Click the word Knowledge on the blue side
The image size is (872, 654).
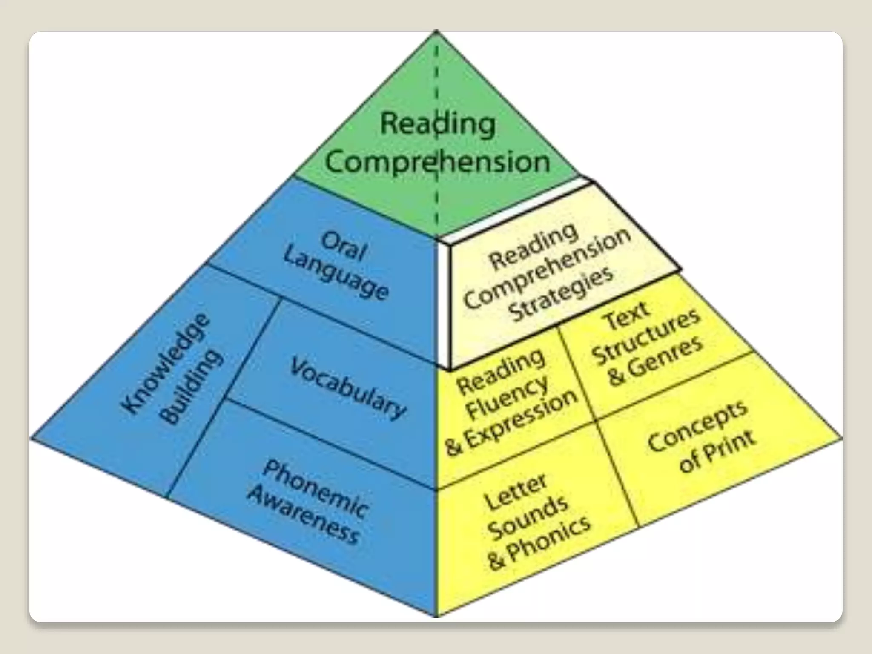tap(166, 362)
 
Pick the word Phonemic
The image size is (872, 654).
tap(315, 490)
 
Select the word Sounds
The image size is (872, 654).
tap(528, 517)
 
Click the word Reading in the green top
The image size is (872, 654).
tap(438, 123)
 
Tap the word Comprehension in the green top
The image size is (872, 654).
tap(438, 162)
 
